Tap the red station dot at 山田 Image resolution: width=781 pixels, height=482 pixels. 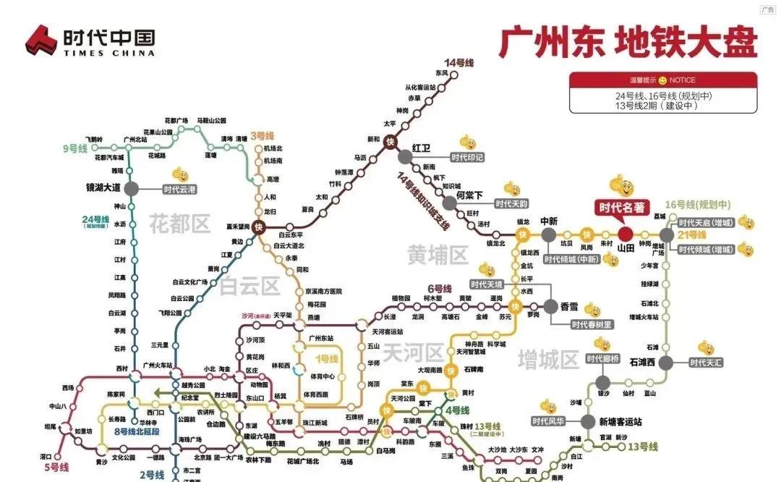[626, 234]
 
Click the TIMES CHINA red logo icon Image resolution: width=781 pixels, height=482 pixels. [40, 41]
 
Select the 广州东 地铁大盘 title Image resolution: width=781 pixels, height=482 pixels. [627, 42]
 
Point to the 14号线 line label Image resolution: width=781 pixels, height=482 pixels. [459, 64]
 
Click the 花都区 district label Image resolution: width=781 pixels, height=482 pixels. [179, 224]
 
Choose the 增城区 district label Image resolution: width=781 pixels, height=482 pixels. [548, 358]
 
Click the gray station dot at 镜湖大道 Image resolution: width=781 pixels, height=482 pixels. [131, 188]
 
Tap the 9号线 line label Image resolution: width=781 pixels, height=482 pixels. [74, 148]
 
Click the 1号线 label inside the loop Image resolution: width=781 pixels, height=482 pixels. [325, 358]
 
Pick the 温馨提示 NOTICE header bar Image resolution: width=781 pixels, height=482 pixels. [662, 80]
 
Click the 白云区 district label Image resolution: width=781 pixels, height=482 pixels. [249, 286]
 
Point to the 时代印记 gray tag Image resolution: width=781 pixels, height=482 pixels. [466, 157]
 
